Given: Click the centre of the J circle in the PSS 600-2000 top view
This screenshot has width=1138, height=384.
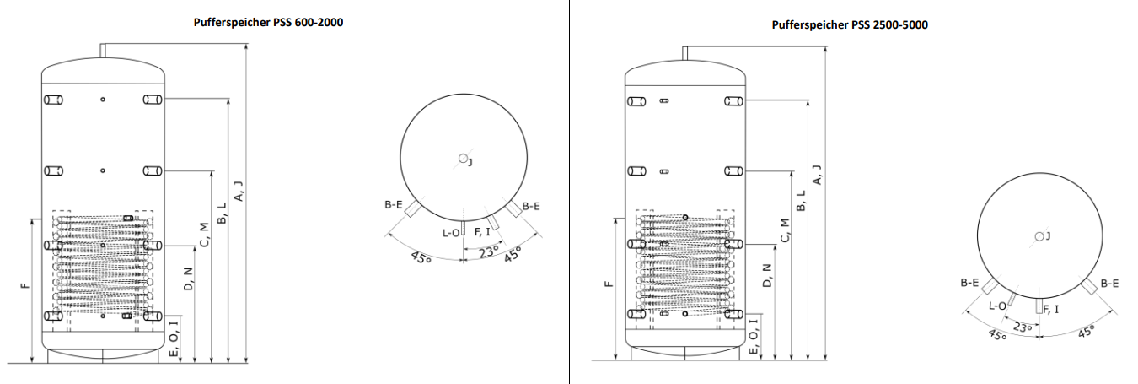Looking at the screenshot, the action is point(463,158).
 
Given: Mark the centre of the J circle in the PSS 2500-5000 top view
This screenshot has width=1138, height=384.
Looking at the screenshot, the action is point(1039,236).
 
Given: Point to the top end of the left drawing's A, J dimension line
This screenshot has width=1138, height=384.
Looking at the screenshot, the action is point(247,44).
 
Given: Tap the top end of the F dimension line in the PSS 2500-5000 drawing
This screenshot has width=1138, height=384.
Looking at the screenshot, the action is point(615,218).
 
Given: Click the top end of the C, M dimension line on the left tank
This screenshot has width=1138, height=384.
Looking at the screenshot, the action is point(212,171).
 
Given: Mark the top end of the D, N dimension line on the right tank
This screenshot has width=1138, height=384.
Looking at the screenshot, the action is point(775,245).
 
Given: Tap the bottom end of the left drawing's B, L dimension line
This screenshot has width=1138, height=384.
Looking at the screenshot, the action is point(228,363).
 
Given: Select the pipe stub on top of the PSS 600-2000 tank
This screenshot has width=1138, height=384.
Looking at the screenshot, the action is point(103,51).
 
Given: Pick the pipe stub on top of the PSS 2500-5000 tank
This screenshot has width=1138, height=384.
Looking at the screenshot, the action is point(684,53).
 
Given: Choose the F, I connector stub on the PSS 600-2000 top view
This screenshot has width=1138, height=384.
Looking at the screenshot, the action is point(493,222).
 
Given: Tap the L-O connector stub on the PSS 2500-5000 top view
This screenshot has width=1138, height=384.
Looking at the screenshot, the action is point(1012,299).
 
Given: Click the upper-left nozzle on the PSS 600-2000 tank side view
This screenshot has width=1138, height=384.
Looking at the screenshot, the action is point(53,100).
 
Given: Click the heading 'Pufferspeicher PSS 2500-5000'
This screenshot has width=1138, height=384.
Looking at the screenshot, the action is point(850,25).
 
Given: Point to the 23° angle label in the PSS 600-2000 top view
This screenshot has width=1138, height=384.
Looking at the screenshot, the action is point(489,251).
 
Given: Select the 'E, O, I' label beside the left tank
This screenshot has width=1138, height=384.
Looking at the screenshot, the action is point(174,338).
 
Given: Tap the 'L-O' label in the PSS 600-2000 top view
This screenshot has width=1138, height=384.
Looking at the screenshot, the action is point(451,233).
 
